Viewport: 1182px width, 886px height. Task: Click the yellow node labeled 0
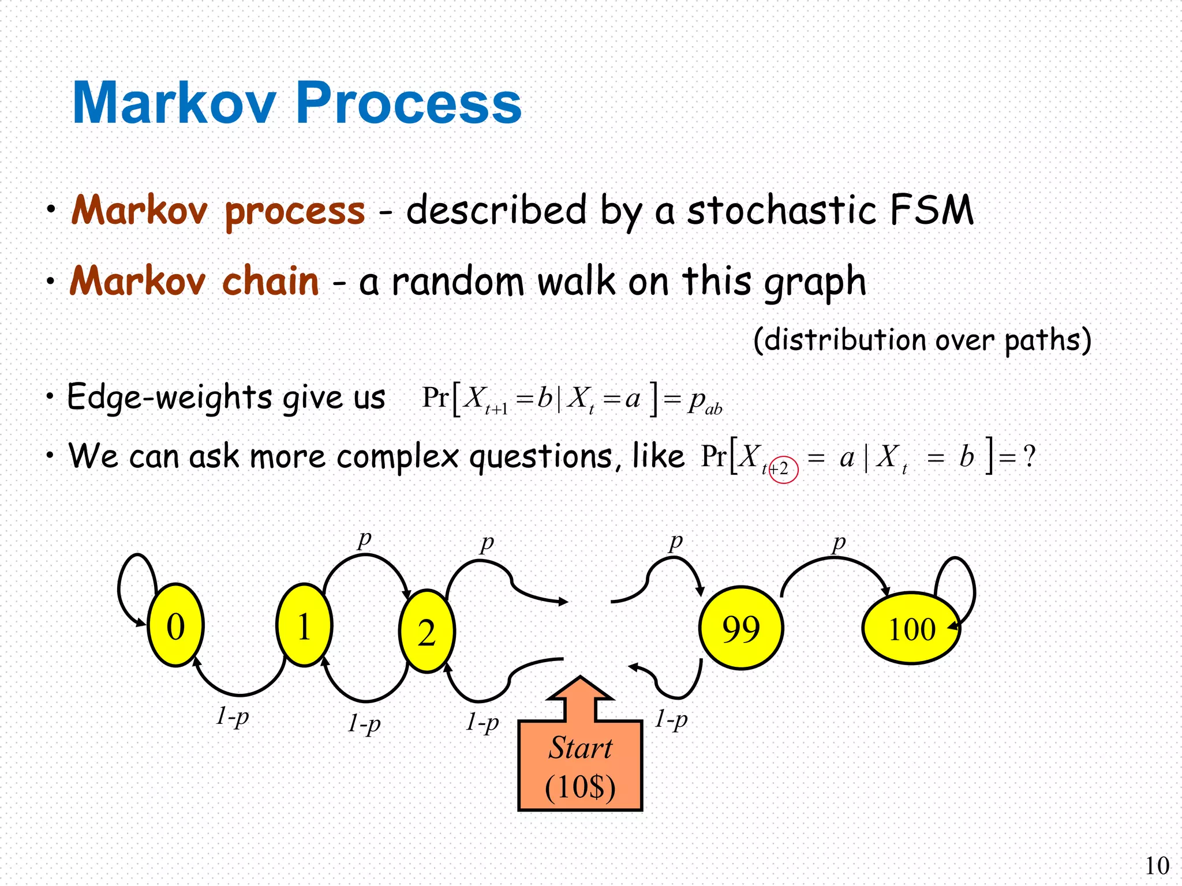click(175, 625)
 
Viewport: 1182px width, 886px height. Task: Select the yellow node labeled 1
click(304, 625)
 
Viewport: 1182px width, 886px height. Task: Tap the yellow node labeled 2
click(427, 631)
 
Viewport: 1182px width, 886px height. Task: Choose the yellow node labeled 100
click(911, 628)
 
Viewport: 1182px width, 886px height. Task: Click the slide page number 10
click(1157, 866)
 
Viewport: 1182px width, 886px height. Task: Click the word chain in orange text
click(270, 281)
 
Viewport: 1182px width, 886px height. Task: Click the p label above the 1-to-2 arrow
click(364, 539)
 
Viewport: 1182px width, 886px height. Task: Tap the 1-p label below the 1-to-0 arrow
click(233, 716)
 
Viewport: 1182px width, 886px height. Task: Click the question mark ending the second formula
click(1028, 456)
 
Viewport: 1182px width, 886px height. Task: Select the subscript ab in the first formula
click(713, 409)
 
